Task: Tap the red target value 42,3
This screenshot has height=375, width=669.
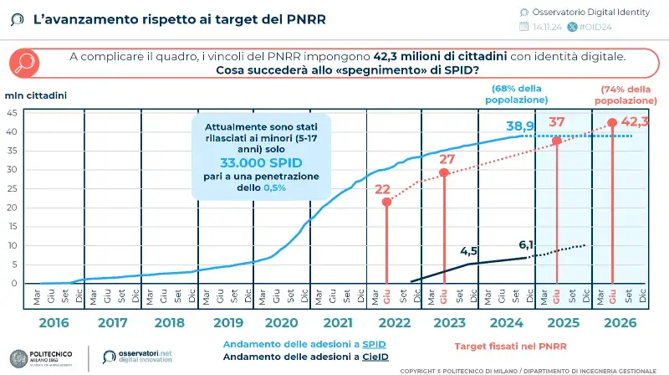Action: point(635,121)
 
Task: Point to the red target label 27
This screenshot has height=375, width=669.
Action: point(447,159)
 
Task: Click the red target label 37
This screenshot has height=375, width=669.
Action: point(557,122)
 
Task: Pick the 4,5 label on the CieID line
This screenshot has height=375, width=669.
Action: point(469,250)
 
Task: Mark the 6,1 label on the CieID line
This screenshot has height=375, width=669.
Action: point(527,244)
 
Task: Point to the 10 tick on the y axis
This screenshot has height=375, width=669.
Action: point(12,245)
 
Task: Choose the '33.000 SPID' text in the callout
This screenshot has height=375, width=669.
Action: point(262,162)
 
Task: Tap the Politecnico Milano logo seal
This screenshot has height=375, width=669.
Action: point(17,356)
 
